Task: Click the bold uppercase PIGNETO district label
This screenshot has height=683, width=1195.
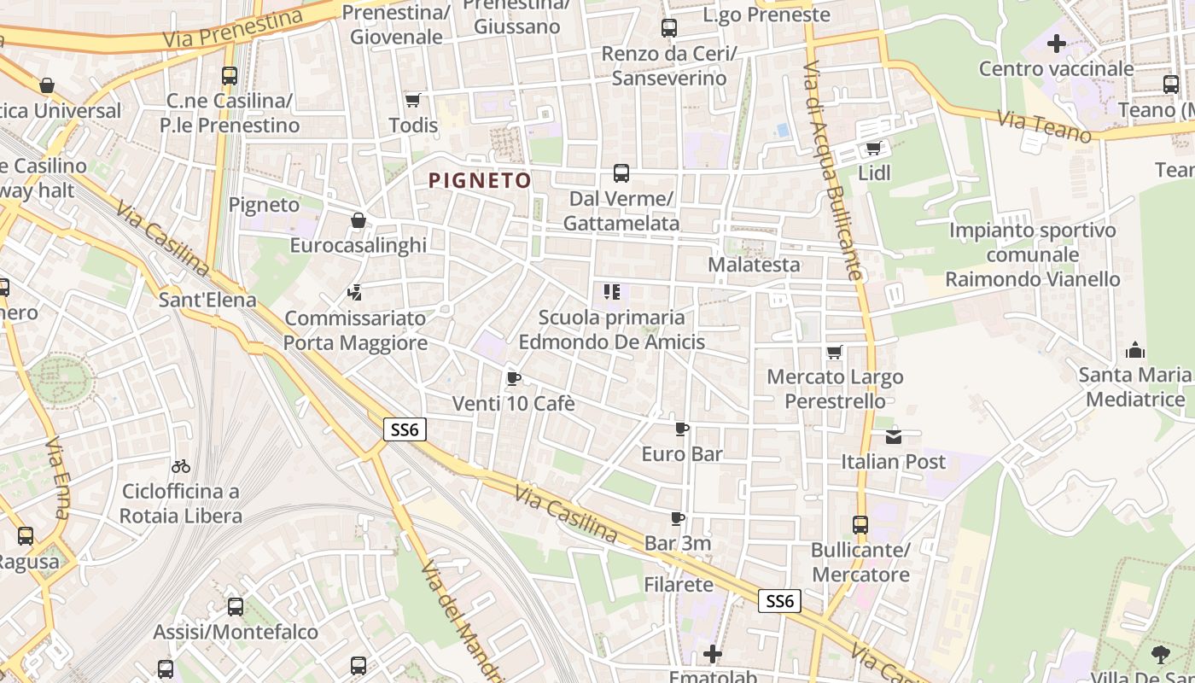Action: point(480,180)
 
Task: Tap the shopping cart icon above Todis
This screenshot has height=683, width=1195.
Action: point(413,101)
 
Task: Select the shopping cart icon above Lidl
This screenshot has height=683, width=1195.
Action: point(873,149)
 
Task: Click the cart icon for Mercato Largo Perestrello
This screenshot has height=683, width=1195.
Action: point(835,352)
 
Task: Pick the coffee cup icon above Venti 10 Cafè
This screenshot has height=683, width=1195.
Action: point(513,378)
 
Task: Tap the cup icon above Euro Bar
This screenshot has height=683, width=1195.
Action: point(681,429)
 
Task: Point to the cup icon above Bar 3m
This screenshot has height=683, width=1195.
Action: point(678,518)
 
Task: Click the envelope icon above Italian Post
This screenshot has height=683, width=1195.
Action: point(893,437)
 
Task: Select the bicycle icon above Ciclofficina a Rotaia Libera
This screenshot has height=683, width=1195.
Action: point(181,466)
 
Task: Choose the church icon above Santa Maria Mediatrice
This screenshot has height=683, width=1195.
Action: point(1135,350)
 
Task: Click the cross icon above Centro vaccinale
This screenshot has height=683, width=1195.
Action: point(1057,44)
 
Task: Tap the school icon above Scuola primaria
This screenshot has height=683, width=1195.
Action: point(611,293)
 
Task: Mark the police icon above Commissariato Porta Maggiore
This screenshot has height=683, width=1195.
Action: point(355,294)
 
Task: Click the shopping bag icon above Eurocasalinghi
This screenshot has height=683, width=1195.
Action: point(358,221)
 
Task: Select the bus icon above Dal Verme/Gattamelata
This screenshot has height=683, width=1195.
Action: point(621,173)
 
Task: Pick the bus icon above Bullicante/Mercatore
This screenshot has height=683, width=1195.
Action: point(860,525)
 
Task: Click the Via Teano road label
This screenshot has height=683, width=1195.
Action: point(1044,126)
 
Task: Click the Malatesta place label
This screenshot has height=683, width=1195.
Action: point(754,265)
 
